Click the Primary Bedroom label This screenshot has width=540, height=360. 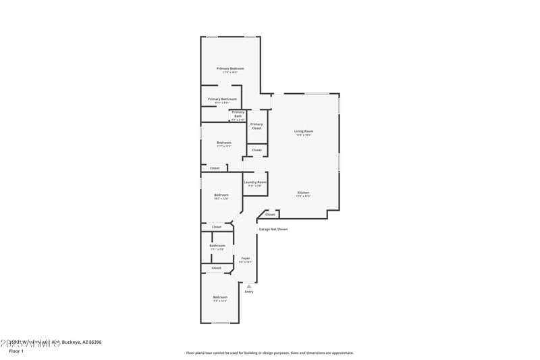click(x=230, y=69)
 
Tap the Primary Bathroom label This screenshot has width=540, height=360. click(x=222, y=99)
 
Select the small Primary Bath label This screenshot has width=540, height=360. click(x=238, y=114)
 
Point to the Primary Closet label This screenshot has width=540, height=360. click(x=256, y=126)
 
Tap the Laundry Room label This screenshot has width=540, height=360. click(x=255, y=182)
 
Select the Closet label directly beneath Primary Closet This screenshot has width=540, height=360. click(x=256, y=150)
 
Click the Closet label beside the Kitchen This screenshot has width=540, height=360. click(x=270, y=215)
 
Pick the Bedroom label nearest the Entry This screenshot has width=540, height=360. click(x=220, y=297)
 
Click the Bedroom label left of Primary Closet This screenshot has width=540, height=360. click(x=223, y=143)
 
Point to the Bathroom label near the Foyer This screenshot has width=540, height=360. click(x=217, y=246)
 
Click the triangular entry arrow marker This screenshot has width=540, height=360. click(x=249, y=286)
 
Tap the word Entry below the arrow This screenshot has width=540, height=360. click(x=249, y=292)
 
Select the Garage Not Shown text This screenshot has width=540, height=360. click(x=273, y=229)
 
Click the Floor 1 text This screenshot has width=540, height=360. click(x=16, y=351)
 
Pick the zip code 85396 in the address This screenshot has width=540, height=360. click(x=94, y=342)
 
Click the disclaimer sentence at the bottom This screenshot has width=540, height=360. click(x=269, y=353)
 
